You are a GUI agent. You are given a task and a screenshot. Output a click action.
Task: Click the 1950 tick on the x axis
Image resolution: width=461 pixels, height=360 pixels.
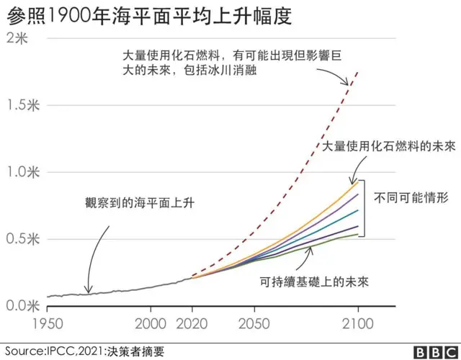(48, 323)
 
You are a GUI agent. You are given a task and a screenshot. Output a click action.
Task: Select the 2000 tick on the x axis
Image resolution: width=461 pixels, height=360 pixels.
(151, 323)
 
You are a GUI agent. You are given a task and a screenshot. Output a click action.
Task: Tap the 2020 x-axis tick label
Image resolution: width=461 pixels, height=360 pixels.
(193, 323)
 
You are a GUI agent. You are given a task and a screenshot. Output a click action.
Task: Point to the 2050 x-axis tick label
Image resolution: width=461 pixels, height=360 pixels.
(255, 323)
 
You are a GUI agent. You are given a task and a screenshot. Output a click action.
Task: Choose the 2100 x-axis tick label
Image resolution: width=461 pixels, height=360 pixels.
(358, 323)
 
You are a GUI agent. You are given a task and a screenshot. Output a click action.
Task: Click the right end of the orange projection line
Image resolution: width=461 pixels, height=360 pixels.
(358, 181)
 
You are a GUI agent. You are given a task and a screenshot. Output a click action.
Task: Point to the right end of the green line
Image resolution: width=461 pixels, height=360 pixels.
(358, 234)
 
